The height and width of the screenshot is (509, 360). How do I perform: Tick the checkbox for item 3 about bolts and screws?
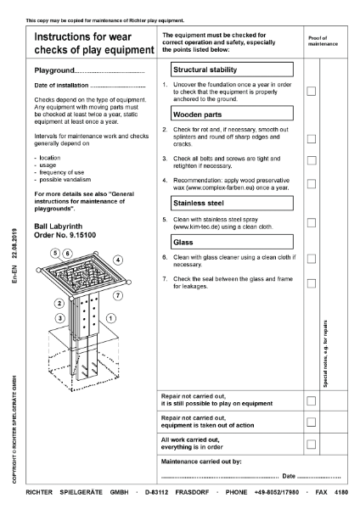pyautogui.click(x=312, y=159)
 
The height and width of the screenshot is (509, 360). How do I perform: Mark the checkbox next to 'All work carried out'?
pyautogui.click(x=312, y=444)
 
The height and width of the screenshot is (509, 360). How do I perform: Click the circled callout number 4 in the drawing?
pyautogui.click(x=117, y=260)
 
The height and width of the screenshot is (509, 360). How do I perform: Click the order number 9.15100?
pyautogui.click(x=64, y=233)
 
